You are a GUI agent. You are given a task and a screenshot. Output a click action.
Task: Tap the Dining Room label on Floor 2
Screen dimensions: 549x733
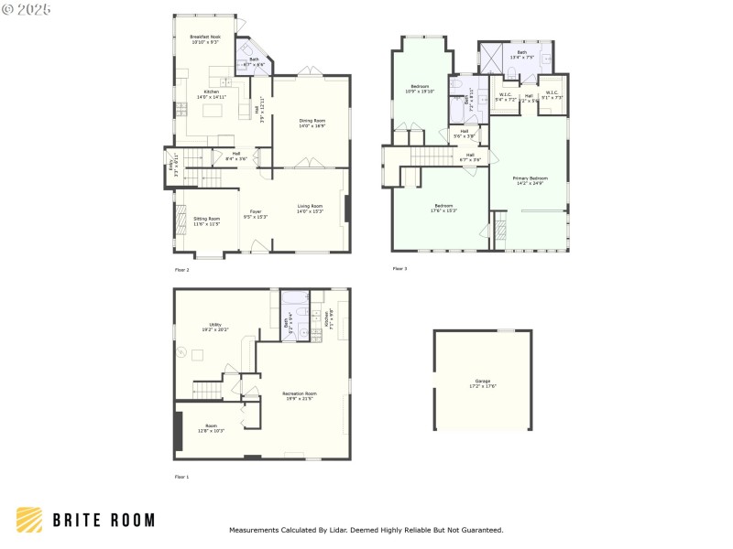coord(312,124)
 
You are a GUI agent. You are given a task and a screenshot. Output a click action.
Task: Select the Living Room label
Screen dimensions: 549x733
coord(310,209)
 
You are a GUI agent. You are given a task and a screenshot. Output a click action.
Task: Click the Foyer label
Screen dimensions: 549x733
coord(255,214)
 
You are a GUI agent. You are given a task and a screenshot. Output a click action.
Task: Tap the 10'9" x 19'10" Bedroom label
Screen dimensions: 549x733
coord(420,89)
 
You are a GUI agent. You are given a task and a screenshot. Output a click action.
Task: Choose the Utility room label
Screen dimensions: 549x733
coord(215,327)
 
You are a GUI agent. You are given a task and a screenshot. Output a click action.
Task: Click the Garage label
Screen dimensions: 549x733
coord(483,382)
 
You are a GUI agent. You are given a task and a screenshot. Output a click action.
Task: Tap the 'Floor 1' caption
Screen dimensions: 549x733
coord(181,477)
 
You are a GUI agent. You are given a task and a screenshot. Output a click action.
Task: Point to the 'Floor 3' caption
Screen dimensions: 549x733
coord(399,268)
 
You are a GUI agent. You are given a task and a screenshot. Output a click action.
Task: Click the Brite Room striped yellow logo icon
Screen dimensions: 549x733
coord(28,520)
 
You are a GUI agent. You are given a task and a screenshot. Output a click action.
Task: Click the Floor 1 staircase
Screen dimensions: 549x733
coord(208,390)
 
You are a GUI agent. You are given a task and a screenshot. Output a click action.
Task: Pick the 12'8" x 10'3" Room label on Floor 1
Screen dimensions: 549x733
coord(211,428)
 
